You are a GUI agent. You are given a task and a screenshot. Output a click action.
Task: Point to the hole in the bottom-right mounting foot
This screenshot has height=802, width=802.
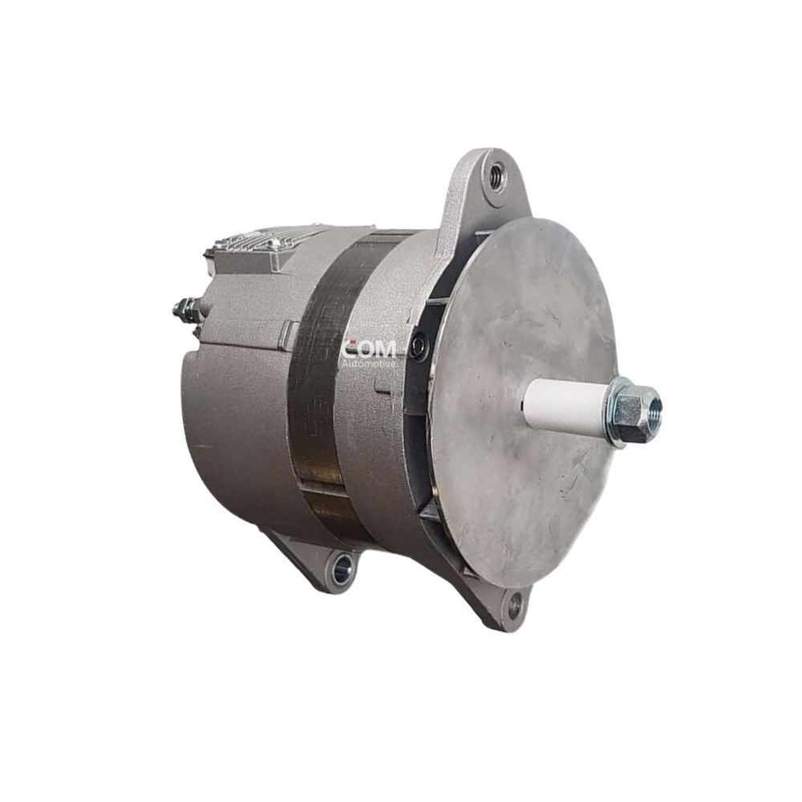click(515, 604)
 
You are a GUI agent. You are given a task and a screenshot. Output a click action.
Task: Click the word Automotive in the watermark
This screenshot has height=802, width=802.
click(369, 363)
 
